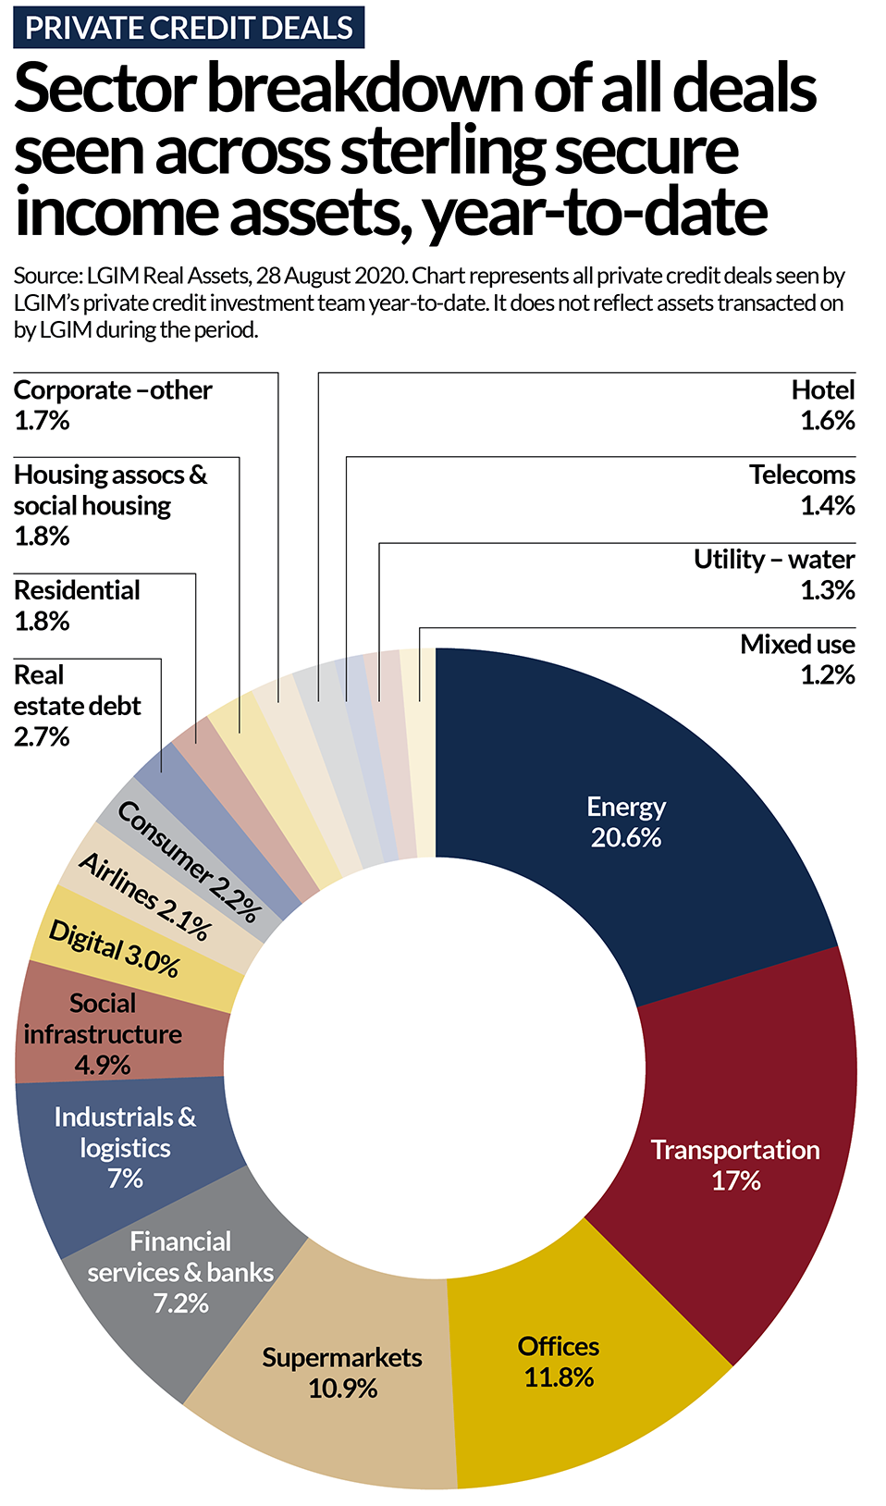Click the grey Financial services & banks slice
tap(180, 1272)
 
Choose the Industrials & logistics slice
tap(125, 1147)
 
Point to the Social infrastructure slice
tap(104, 1033)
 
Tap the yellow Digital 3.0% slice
tap(114, 949)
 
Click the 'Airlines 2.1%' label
tap(144, 896)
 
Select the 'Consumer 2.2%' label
tap(189, 861)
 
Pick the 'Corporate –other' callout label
tap(113, 390)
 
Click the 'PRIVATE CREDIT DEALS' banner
tap(189, 28)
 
